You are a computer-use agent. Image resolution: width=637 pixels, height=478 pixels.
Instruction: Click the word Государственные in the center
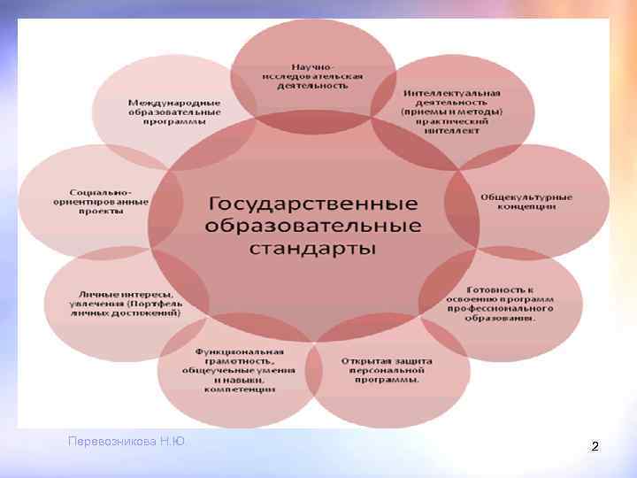[312, 202]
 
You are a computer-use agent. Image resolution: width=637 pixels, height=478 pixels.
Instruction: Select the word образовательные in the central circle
[312, 224]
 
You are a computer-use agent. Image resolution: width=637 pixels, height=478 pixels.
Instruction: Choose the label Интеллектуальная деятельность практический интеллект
[451, 112]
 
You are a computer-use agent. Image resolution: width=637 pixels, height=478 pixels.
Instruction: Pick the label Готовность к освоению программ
[500, 305]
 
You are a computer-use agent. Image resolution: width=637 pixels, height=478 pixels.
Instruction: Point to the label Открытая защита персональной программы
[387, 371]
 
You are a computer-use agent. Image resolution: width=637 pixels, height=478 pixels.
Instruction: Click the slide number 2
[595, 447]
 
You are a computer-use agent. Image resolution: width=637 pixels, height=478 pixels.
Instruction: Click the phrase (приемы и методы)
[451, 112]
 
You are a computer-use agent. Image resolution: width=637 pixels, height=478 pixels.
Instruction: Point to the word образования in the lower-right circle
[500, 320]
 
